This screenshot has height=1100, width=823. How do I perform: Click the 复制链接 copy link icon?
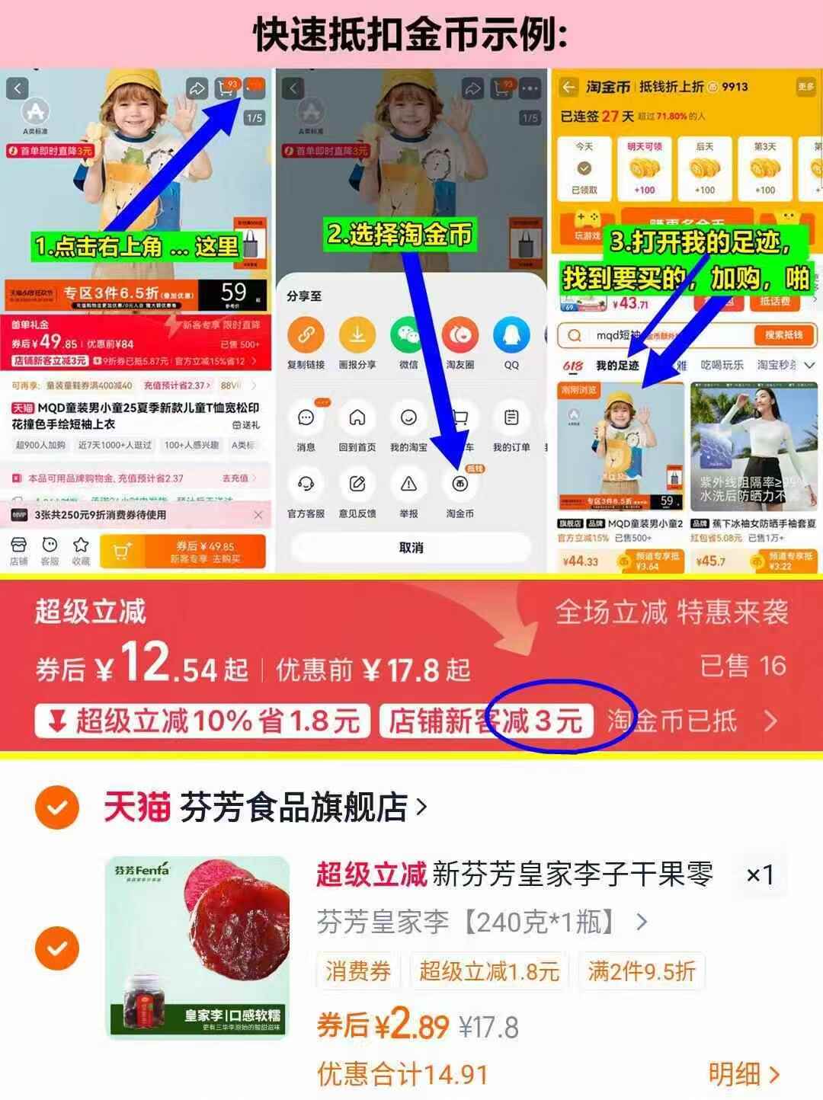pyautogui.click(x=306, y=335)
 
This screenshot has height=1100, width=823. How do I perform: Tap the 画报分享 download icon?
pyautogui.click(x=357, y=335)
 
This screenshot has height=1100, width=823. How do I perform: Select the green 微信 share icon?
pyautogui.click(x=408, y=335)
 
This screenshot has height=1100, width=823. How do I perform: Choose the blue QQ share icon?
pyautogui.click(x=511, y=335)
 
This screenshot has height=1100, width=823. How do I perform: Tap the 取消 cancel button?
pyautogui.click(x=411, y=548)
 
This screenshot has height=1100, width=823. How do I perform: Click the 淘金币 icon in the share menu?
pyautogui.click(x=460, y=484)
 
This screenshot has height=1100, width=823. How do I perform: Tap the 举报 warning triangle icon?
pyautogui.click(x=408, y=484)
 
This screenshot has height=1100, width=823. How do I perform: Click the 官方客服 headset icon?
pyautogui.click(x=306, y=484)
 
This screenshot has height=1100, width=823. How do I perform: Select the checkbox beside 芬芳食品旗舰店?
pyautogui.click(x=57, y=807)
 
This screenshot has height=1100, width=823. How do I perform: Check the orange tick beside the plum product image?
pyautogui.click(x=57, y=948)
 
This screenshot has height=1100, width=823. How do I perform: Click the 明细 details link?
pyautogui.click(x=744, y=1074)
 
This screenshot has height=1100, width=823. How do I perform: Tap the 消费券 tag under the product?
pyautogui.click(x=358, y=971)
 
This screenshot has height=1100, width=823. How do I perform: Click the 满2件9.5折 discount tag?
pyautogui.click(x=641, y=971)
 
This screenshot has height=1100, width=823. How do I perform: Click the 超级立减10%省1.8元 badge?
pyautogui.click(x=203, y=721)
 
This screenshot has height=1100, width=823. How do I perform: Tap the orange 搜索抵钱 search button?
pyautogui.click(x=784, y=335)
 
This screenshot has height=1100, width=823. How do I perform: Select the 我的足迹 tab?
pyautogui.click(x=617, y=366)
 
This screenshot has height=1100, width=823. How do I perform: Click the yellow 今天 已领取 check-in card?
pyautogui.click(x=584, y=168)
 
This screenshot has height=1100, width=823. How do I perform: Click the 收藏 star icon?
pyautogui.click(x=81, y=550)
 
